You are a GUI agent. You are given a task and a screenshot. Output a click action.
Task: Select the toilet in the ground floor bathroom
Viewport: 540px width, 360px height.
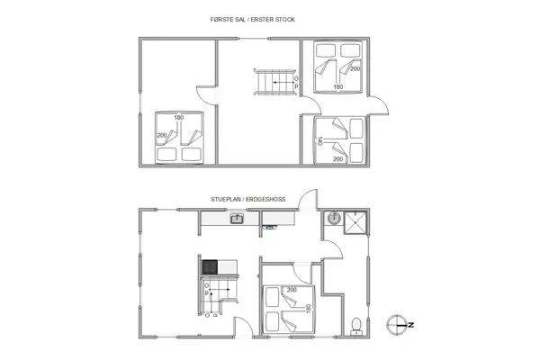coord(357,324)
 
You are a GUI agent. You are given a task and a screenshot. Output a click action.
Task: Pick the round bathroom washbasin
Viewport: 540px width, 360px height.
coord(333,218)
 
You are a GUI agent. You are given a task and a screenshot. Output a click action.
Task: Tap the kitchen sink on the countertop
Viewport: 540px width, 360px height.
coord(237,219)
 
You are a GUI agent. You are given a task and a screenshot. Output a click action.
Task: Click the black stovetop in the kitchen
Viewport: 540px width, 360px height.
coord(209,266)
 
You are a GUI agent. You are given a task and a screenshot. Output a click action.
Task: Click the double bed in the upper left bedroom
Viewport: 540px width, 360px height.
coord(180,139)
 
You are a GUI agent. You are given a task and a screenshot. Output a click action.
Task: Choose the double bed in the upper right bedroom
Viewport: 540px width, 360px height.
coord(337,68)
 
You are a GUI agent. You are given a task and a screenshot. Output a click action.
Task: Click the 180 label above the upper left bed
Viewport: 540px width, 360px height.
coord(178,118)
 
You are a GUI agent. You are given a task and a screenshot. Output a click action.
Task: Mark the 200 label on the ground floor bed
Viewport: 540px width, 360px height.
coord(292,290)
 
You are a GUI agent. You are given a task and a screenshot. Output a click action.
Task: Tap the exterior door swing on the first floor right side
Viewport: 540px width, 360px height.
coord(381,106)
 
